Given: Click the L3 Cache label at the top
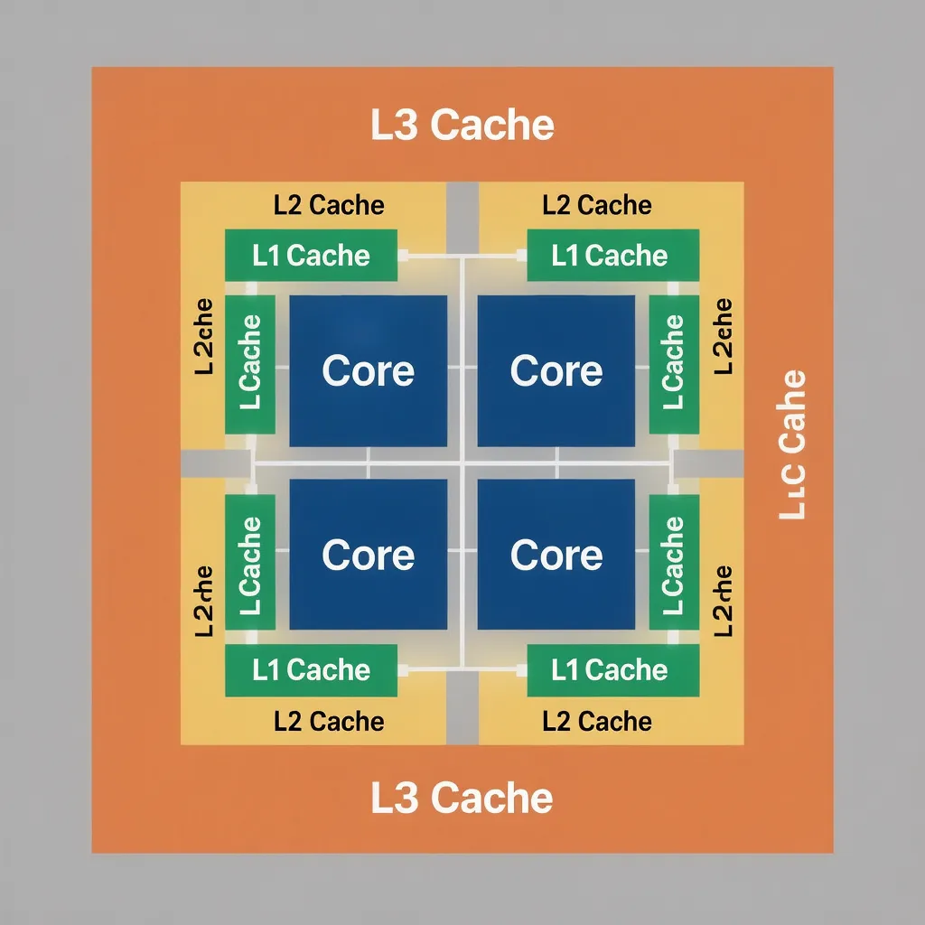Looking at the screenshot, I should pyautogui.click(x=462, y=126).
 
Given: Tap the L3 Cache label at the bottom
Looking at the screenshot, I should pyautogui.click(x=462, y=798).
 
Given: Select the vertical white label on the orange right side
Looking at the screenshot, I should pyautogui.click(x=792, y=444).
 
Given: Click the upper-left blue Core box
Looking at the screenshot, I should pyautogui.click(x=368, y=370).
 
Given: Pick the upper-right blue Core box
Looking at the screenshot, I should pyautogui.click(x=556, y=370).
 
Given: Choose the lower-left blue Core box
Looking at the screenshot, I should pyautogui.click(x=368, y=554).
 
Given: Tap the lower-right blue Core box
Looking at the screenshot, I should pyautogui.click(x=556, y=554).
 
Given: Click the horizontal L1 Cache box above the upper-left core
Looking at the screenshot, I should pyautogui.click(x=311, y=256).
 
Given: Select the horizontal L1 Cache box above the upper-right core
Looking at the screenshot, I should pyautogui.click(x=612, y=256).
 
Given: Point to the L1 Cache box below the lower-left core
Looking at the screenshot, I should pyautogui.click(x=311, y=670).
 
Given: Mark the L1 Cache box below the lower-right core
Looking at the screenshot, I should pyautogui.click(x=612, y=670).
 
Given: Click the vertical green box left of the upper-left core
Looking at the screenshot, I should pyautogui.click(x=249, y=363).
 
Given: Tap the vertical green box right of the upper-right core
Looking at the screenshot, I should pyautogui.click(x=674, y=363).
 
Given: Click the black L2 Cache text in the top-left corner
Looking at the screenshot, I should pyautogui.click(x=329, y=206).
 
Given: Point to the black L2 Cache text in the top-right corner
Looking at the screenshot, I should pyautogui.click(x=597, y=206).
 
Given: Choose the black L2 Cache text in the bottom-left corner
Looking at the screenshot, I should pyautogui.click(x=329, y=722).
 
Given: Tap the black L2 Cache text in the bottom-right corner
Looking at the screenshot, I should pyautogui.click(x=597, y=722).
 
